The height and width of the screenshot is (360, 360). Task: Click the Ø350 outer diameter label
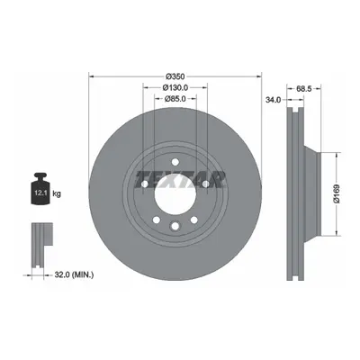pos(175,76)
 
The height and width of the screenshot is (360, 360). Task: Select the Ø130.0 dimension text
pos(175,87)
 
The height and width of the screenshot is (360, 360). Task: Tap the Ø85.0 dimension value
pos(175,98)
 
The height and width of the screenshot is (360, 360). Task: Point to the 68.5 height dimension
pos(304,88)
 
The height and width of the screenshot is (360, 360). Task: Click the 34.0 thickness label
pos(273,100)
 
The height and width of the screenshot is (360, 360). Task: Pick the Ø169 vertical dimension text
pos(337,193)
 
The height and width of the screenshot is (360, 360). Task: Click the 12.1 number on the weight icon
pos(40,193)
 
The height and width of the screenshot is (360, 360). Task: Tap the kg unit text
pos(57,193)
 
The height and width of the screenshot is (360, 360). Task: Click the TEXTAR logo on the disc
pos(181,180)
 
